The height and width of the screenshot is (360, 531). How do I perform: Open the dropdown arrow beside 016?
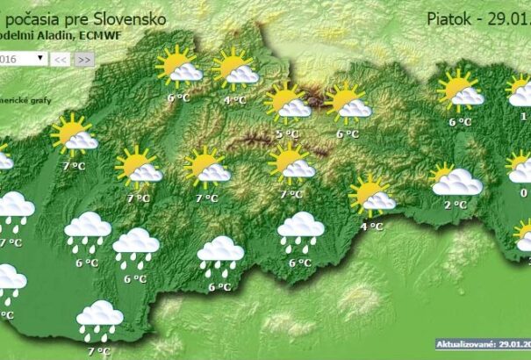(40, 58)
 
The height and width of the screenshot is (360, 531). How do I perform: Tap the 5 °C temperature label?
(287, 133)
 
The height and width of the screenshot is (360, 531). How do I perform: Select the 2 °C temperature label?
(455, 205)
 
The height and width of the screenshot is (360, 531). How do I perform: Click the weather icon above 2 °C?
(456, 179)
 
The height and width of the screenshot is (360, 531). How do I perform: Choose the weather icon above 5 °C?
(288, 103)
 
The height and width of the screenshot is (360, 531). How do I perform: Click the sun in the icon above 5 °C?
(281, 97)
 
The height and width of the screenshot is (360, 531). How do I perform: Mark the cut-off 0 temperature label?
(524, 193)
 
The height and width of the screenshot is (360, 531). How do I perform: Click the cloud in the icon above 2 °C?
(458, 183)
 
